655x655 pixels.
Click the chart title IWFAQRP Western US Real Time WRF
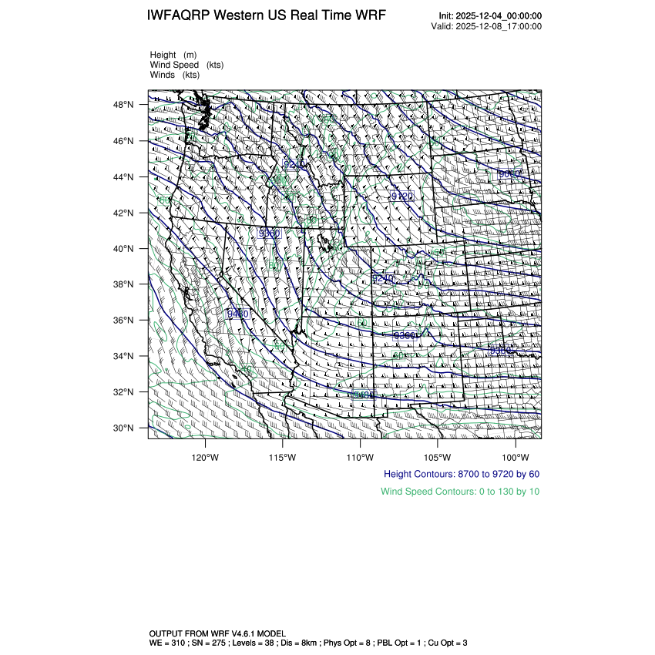click(266, 15)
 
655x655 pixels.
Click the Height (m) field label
click(173, 55)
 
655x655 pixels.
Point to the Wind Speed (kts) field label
click(187, 65)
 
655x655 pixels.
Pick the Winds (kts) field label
click(175, 75)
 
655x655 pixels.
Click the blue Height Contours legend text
click(461, 474)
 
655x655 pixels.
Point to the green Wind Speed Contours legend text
click(460, 491)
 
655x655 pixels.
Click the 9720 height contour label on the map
click(401, 196)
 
